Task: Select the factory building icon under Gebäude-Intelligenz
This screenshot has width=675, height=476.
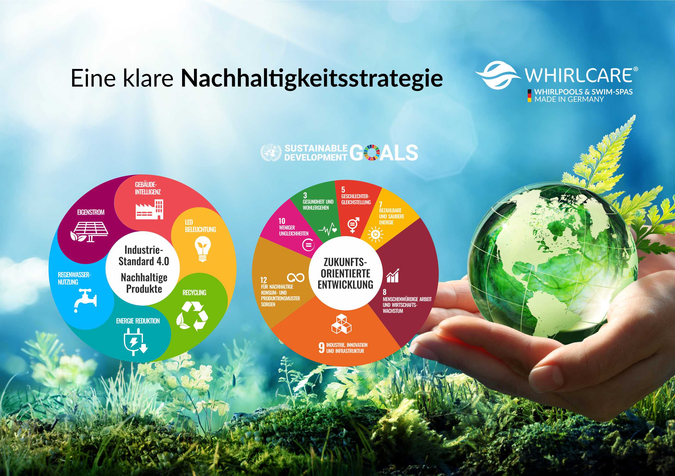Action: point(149,209)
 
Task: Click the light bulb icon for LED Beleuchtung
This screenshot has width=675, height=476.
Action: point(202,249)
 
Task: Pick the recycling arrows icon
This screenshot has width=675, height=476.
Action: point(192,316)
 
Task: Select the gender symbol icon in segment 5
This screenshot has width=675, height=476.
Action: point(353,225)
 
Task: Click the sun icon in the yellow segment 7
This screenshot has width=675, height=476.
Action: point(375,234)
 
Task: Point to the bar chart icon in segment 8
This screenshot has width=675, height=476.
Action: point(392,275)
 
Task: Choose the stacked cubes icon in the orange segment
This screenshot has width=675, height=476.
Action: point(341,324)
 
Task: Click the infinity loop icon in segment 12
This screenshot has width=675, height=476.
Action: point(296,277)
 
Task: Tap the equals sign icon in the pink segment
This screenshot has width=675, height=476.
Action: point(308,245)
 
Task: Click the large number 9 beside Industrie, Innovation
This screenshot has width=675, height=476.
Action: point(322,347)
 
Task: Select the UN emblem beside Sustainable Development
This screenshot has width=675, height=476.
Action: point(271,152)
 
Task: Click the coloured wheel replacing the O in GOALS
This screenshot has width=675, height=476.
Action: point(372,152)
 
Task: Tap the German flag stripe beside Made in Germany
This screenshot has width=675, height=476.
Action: point(529,96)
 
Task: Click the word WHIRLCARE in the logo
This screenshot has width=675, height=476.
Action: point(579,75)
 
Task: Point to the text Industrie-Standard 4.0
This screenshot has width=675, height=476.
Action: point(144,256)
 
